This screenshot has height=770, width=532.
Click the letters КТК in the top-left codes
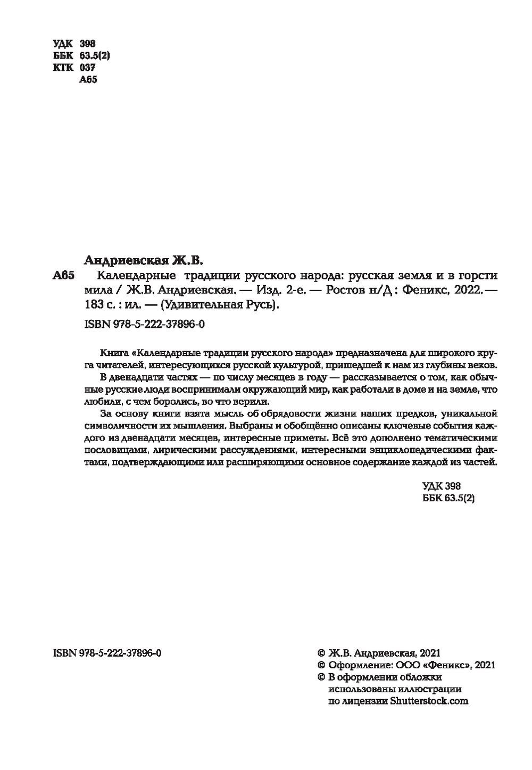click(63, 68)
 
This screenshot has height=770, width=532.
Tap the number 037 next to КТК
click(87, 68)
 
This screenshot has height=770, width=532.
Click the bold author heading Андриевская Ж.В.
click(144, 261)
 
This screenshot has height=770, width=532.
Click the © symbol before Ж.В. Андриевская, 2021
click(321, 653)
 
